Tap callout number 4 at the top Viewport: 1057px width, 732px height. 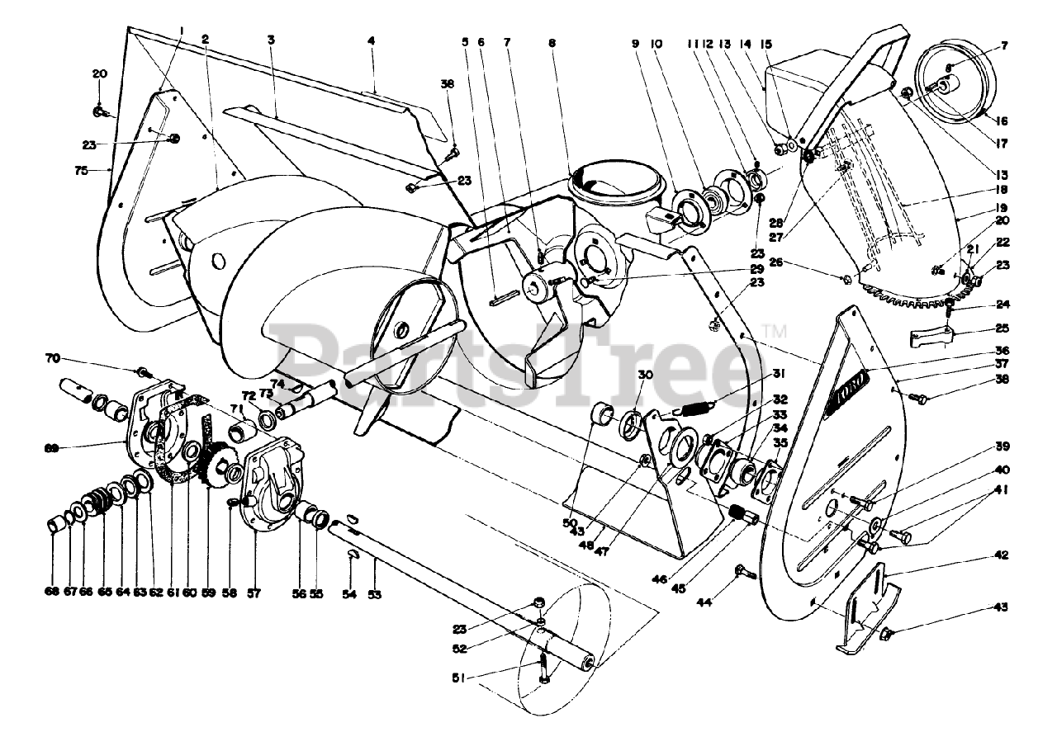pyautogui.click(x=372, y=39)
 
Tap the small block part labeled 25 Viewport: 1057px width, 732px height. pyautogui.click(x=933, y=338)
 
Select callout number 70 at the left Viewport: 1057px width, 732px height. pyautogui.click(x=53, y=359)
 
